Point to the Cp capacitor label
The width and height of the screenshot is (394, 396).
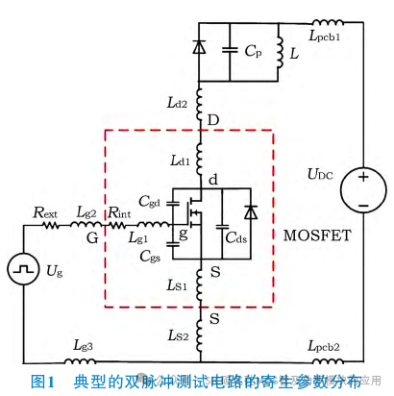tap(253, 52)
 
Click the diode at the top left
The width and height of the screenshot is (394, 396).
tap(199, 44)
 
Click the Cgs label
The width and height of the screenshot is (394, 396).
tap(149, 256)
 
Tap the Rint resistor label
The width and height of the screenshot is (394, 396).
tap(120, 211)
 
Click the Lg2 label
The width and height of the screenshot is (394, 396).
tap(87, 211)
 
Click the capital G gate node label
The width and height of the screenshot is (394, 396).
tap(91, 235)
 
